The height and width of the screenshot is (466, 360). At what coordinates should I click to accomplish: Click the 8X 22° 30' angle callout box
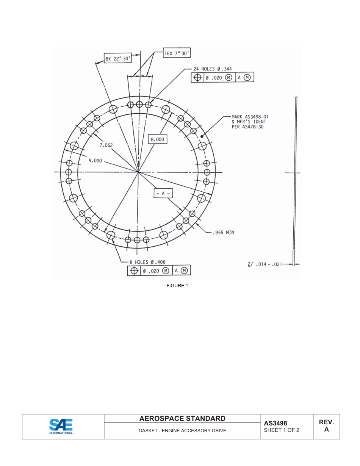[x=118, y=59]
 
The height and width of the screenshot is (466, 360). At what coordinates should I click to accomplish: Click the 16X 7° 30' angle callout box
[x=177, y=53]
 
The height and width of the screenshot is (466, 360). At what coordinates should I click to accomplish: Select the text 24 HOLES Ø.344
[x=213, y=69]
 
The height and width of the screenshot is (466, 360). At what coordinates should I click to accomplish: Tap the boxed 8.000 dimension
[x=157, y=139]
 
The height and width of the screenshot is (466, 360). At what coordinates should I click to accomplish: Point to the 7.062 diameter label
[x=106, y=145]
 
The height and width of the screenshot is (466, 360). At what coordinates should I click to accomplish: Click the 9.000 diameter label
[x=95, y=161]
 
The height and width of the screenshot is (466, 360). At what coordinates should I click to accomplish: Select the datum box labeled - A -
[x=163, y=193]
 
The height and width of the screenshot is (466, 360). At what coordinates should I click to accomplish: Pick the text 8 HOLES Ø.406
[x=147, y=262]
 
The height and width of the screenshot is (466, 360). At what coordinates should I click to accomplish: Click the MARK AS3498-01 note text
[x=250, y=122]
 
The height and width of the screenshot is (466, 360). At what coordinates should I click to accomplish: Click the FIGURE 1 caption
[x=177, y=286]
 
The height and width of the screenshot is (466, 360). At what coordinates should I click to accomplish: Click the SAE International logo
[x=61, y=426]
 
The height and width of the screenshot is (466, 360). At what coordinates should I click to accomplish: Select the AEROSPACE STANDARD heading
[x=182, y=419]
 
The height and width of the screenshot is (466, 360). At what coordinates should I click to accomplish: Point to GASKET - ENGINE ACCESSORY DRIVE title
[x=182, y=431]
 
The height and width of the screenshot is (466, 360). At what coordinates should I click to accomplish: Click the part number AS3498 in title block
[x=275, y=423]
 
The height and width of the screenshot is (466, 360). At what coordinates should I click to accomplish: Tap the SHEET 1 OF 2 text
[x=282, y=430]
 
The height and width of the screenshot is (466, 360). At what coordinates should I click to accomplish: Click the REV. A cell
[x=326, y=426]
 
